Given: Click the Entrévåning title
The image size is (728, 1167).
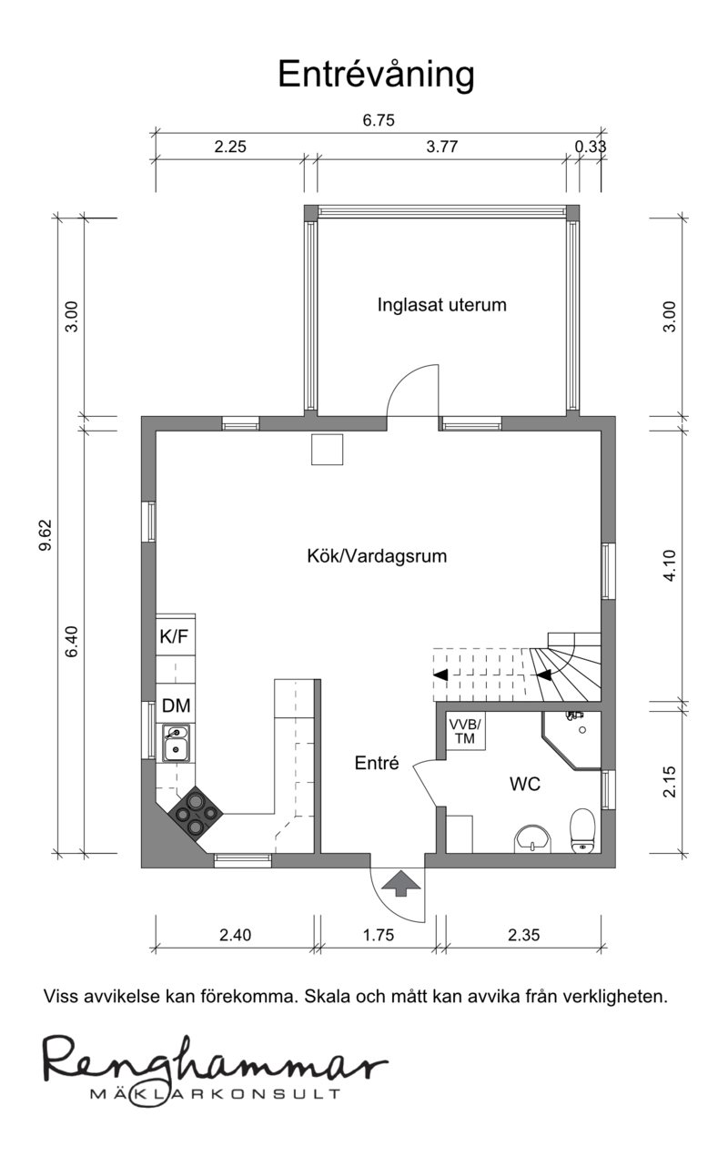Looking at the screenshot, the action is [376, 76].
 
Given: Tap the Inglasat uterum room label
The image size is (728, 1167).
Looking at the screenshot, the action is [441, 305].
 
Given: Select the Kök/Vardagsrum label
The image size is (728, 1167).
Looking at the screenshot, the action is [377, 556].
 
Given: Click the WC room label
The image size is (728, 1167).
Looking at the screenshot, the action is [525, 784].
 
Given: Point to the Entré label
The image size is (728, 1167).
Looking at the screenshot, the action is [377, 763].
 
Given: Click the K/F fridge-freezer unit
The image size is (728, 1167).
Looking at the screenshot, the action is [176, 635].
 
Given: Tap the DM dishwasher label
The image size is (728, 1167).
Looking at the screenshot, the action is [176, 705].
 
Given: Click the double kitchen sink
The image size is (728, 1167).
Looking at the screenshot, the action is [176, 744].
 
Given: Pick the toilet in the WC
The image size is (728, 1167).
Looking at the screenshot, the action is [582, 830].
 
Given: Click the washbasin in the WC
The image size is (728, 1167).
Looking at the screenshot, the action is [532, 838].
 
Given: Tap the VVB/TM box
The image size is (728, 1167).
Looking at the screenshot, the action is [465, 732].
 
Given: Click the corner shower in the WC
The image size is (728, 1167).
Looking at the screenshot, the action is [572, 740].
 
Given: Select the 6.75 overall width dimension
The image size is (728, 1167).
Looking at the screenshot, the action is [379, 120].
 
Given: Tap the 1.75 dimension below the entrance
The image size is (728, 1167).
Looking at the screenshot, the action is [379, 935].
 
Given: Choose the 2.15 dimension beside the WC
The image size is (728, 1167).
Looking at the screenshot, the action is [670, 781].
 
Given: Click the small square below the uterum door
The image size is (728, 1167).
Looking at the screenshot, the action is [328, 449].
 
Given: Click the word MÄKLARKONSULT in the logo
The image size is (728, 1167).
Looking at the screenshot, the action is [216, 1092].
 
